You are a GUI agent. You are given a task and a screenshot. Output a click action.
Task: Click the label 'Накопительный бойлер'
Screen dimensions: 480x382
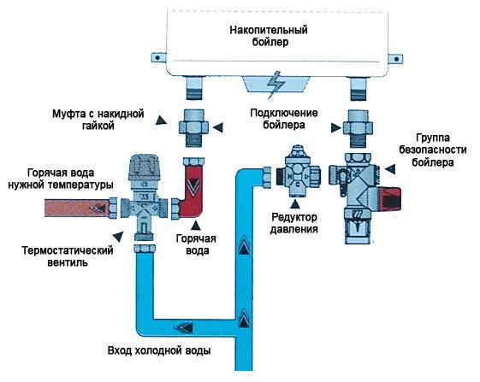click(x=269, y=36)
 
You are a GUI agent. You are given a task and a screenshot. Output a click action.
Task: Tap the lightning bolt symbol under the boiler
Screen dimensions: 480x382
click(x=276, y=85)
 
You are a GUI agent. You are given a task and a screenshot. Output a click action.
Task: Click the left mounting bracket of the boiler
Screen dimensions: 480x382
click(x=158, y=57)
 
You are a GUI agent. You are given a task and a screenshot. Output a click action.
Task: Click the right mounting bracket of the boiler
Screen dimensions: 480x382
click(x=396, y=58)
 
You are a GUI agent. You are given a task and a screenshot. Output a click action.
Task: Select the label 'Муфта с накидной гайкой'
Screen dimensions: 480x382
click(x=98, y=120)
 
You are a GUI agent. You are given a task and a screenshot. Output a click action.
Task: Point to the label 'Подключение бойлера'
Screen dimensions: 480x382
click(x=284, y=119)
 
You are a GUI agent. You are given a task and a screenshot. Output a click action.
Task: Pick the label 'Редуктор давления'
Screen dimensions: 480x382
click(x=293, y=223)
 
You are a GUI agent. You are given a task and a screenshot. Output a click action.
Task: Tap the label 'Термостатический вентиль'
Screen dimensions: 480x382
click(x=68, y=256)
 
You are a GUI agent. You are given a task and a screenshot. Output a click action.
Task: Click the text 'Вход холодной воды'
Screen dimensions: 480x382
click(x=159, y=350)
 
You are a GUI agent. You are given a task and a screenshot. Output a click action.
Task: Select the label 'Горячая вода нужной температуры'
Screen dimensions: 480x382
click(x=61, y=179)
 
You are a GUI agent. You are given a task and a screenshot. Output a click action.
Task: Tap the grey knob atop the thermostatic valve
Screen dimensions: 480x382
click(x=144, y=167)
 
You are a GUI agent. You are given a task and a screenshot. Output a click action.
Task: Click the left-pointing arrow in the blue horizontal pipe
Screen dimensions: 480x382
click(x=184, y=328)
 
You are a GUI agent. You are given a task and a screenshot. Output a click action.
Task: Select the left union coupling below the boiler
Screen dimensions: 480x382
click(x=193, y=128)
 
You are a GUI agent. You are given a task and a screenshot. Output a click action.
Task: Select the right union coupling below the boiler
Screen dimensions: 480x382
click(x=358, y=128)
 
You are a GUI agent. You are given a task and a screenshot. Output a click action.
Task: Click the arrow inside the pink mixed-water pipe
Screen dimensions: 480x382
click(x=98, y=209)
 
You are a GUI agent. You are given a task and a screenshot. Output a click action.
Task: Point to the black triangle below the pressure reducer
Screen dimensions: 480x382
click(x=295, y=204)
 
